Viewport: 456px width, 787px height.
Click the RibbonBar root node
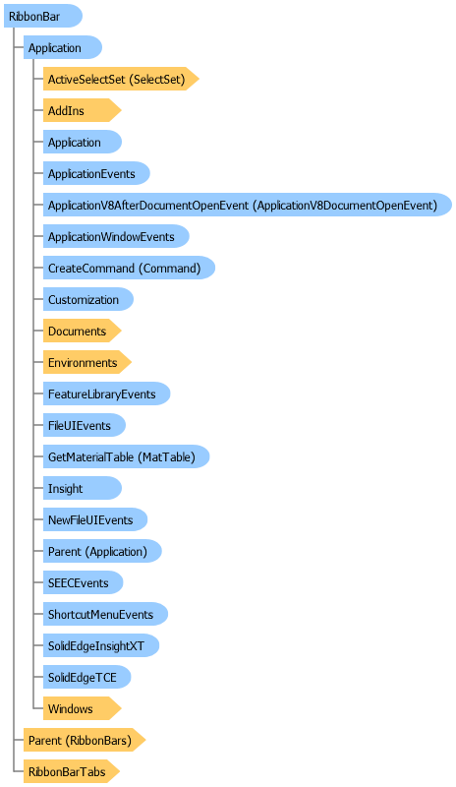42,16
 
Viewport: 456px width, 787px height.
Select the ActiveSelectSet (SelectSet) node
121,79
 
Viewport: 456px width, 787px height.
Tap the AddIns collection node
82,110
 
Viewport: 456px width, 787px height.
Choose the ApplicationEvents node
96,174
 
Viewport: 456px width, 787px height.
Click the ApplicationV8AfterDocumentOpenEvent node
248,205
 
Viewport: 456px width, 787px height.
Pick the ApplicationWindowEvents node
116,236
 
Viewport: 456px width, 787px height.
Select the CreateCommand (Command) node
129,268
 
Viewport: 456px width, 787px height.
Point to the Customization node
88,300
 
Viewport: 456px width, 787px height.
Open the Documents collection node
82,332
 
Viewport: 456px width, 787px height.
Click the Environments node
86,362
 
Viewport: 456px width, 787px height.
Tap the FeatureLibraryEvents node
106,394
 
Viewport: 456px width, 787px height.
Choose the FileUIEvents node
85,426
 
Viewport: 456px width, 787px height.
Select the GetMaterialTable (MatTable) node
126,456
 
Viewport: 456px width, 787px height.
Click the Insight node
83,488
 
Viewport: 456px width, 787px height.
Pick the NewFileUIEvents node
95,520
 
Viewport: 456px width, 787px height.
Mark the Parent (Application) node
102,552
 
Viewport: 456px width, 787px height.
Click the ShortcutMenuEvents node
105,614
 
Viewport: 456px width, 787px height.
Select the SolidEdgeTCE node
86,678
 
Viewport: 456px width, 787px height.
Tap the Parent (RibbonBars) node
85,741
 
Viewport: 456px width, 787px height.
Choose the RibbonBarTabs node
72,771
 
